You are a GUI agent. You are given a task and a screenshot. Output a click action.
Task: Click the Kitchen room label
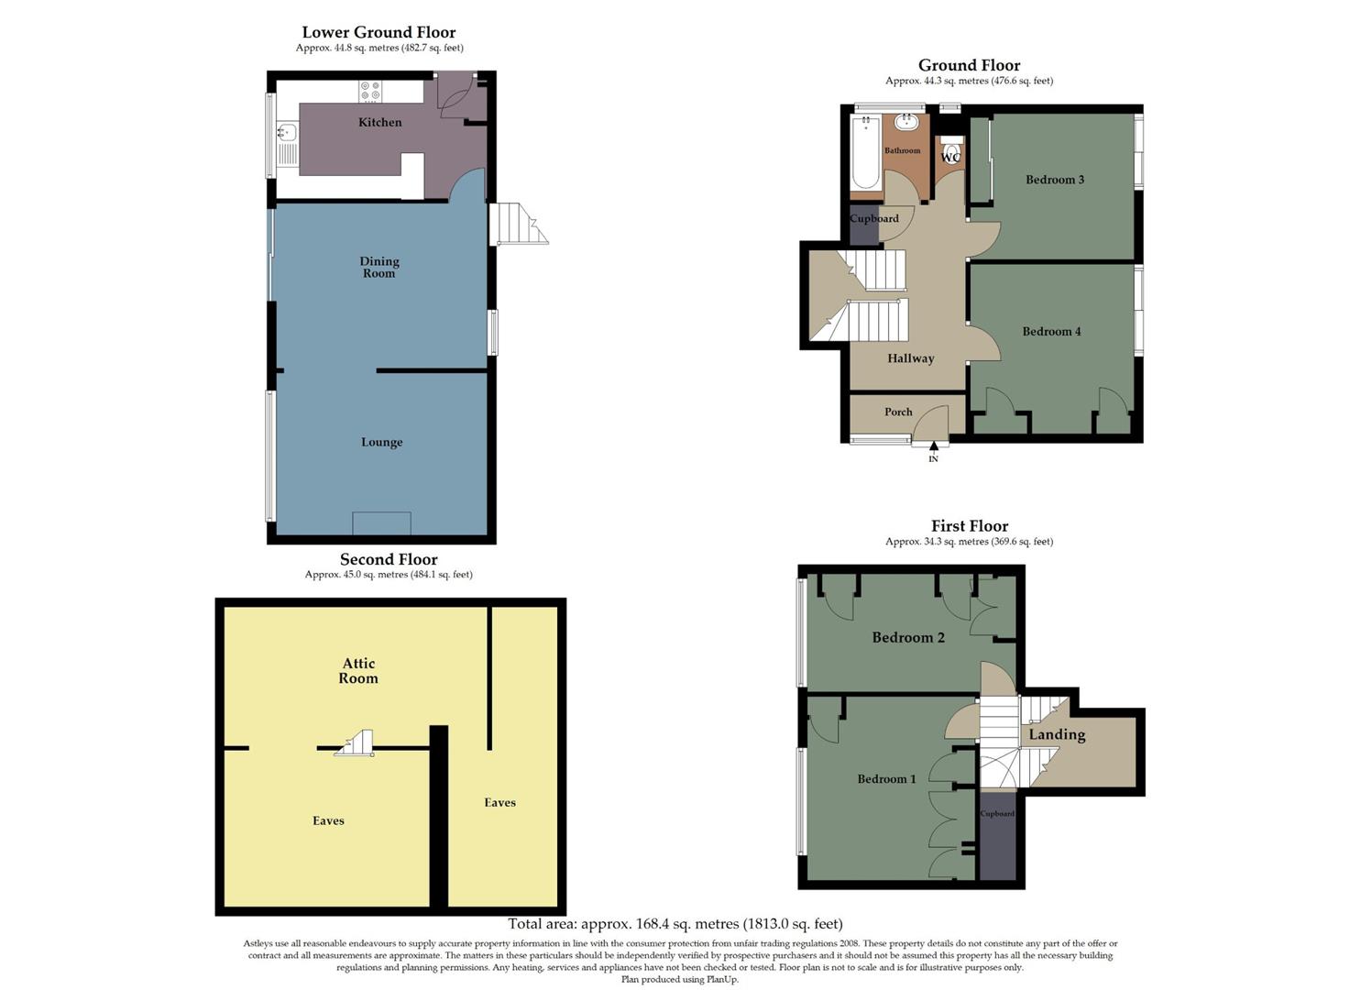point(379,122)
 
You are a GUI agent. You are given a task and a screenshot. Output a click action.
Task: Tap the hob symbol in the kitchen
point(371,91)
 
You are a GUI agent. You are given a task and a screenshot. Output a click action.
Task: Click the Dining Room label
point(379,267)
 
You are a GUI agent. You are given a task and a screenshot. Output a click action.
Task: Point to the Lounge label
point(381,442)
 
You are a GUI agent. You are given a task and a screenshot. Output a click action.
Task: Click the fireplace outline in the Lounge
point(381,522)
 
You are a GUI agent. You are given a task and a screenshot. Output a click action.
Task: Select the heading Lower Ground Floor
point(379,32)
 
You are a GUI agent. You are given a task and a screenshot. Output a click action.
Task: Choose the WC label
point(951,158)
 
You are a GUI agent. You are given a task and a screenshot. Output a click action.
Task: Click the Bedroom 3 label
point(1054,180)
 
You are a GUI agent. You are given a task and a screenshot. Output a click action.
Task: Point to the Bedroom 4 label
point(1051,331)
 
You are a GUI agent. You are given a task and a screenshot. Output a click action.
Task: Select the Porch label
point(898,412)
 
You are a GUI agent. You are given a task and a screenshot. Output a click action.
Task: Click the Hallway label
point(910,358)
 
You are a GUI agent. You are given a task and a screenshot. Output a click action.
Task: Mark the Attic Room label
point(358,670)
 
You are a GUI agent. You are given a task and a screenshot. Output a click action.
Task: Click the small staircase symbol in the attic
point(357,743)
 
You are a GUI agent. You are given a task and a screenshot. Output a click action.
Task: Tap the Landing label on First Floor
point(1057,734)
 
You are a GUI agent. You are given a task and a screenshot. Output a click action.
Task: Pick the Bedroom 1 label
point(886,778)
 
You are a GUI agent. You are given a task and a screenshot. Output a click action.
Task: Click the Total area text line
point(675,924)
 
